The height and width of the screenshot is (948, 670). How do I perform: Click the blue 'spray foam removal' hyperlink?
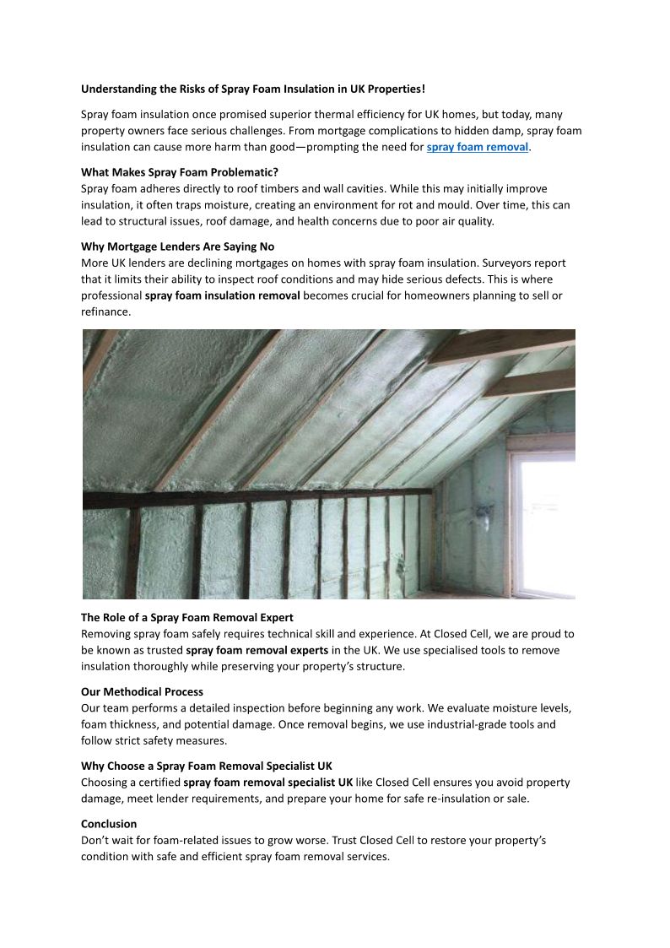coord(477,147)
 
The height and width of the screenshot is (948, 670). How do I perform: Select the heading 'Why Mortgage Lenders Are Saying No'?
coord(177,246)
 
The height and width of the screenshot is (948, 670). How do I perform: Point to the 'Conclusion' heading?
coord(109,823)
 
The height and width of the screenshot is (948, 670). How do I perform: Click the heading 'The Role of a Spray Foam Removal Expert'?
coord(186,617)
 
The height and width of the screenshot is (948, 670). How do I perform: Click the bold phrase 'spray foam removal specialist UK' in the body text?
coord(268,782)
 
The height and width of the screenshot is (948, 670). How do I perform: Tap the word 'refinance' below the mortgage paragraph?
coord(105,311)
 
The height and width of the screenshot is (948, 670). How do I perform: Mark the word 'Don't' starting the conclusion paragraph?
coord(95,840)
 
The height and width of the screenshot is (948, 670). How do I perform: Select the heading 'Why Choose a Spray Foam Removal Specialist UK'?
coord(206,766)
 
